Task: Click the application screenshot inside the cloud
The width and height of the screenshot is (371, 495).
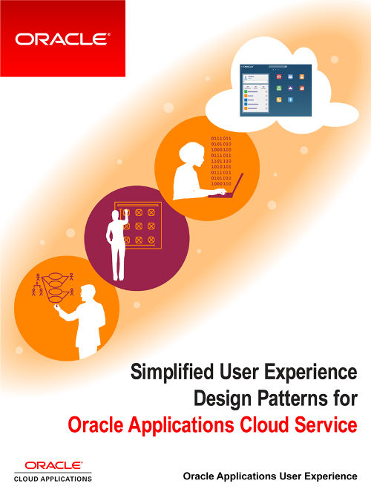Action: pos(274,90)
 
